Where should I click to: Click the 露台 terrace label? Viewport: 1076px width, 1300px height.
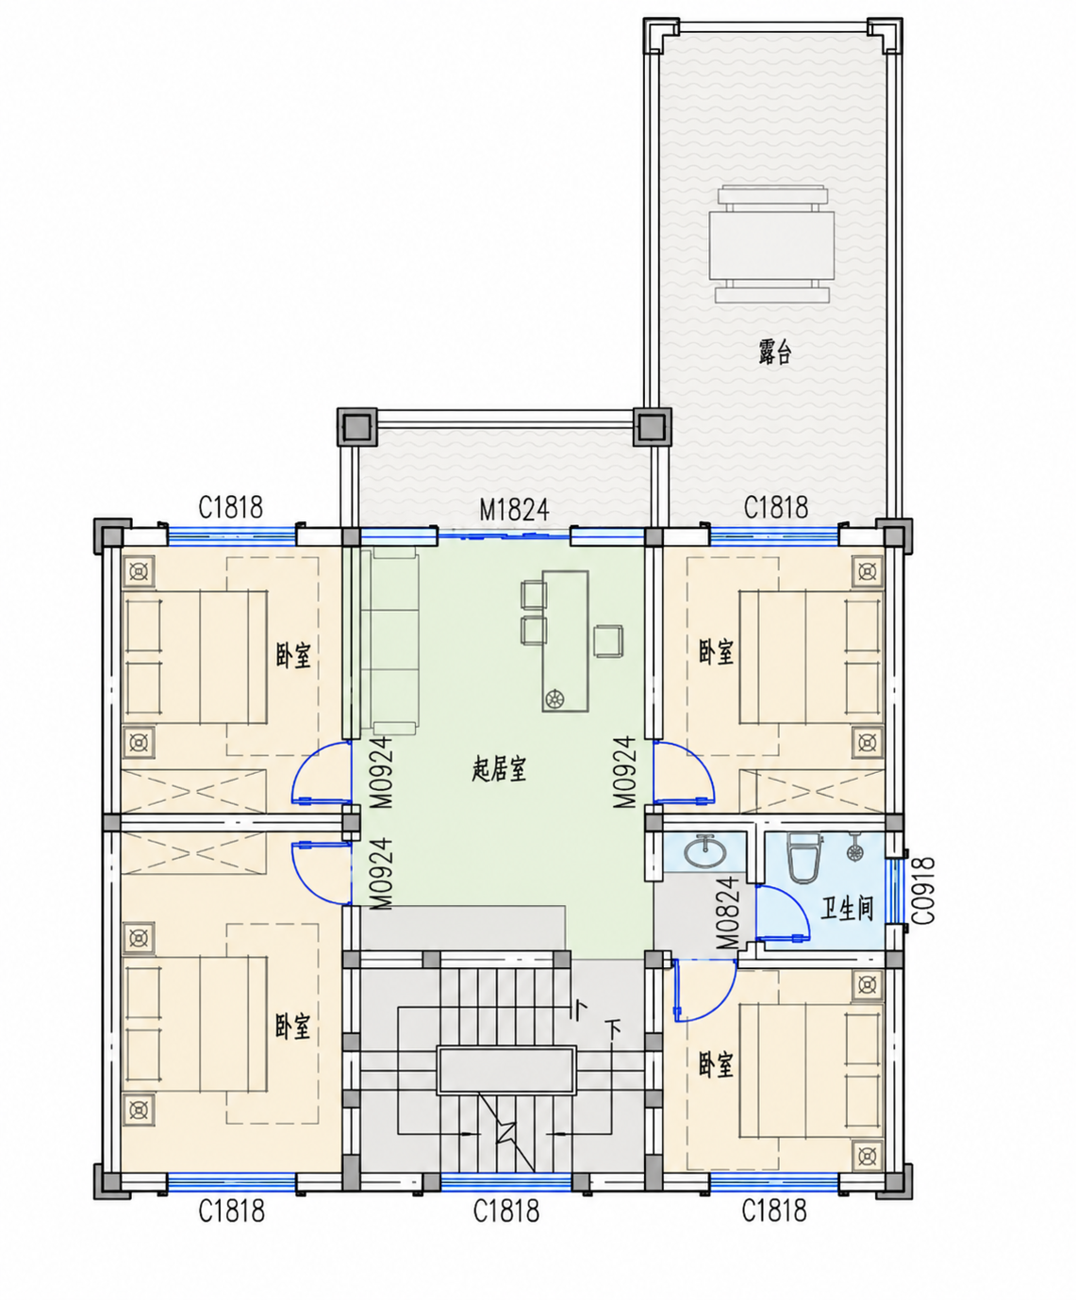pos(775,352)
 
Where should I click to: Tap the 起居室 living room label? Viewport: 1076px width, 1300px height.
pos(499,769)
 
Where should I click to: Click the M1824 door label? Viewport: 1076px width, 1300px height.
pos(514,510)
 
